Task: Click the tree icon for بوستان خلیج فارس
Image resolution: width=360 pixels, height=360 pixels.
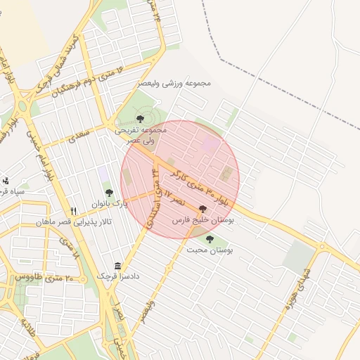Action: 203,209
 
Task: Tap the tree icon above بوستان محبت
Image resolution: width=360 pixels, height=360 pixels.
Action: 210,239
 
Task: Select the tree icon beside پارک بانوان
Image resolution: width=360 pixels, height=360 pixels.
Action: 108,192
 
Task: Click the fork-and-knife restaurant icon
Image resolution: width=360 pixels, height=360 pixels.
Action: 74,211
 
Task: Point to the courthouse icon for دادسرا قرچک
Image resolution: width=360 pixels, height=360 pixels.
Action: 117,266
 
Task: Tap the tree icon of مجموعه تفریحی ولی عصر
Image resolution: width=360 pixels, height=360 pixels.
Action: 140,118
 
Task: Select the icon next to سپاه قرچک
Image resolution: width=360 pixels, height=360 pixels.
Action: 6,181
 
